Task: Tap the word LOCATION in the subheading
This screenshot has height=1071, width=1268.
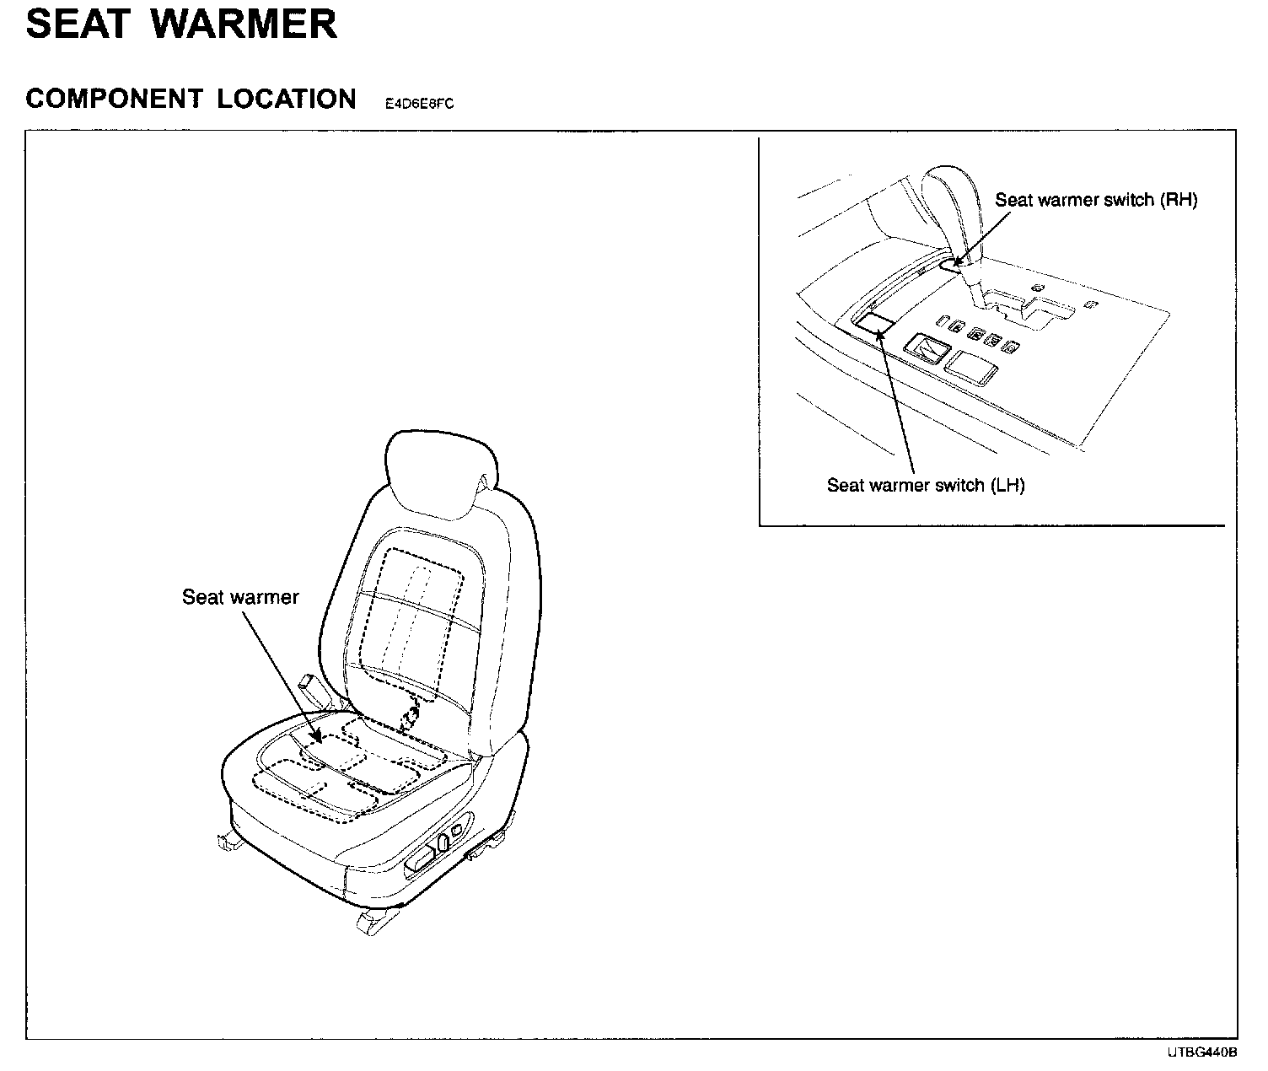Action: click(287, 100)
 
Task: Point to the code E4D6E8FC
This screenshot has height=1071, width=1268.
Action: click(419, 105)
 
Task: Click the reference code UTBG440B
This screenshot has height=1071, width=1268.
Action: click(1202, 1052)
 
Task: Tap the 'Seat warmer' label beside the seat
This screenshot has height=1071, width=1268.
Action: click(240, 597)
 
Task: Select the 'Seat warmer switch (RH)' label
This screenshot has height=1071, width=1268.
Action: click(1096, 200)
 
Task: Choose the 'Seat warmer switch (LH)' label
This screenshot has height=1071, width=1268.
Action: click(925, 485)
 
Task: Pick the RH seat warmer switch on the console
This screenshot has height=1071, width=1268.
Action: click(951, 265)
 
